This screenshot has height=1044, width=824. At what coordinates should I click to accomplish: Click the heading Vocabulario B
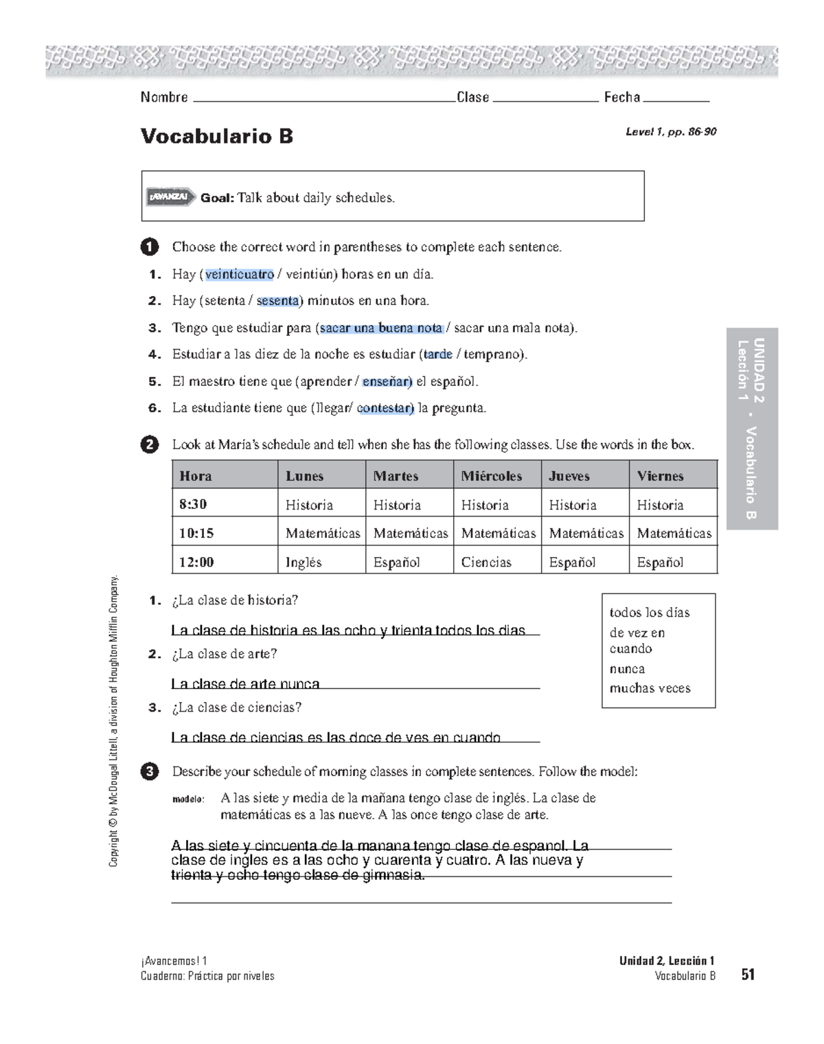click(216, 136)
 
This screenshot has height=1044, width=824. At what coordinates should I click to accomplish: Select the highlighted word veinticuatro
click(239, 274)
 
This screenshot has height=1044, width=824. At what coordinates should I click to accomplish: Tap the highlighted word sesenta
click(277, 301)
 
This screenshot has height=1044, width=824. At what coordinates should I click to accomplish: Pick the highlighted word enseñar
click(387, 381)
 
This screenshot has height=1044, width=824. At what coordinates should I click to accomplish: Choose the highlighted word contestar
click(385, 408)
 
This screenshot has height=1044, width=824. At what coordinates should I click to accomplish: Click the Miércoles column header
click(491, 476)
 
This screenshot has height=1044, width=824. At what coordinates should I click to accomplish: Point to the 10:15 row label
click(196, 533)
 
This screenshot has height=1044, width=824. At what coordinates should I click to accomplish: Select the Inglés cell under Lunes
click(304, 562)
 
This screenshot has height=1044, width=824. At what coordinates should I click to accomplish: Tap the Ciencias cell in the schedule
click(486, 562)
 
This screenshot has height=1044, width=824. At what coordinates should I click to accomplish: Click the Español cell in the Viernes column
click(660, 562)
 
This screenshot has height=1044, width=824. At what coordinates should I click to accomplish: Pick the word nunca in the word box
click(627, 669)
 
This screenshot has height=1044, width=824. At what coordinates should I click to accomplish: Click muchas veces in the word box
click(650, 688)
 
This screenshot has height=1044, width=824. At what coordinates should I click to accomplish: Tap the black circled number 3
click(149, 771)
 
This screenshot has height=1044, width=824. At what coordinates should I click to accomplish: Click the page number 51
click(748, 975)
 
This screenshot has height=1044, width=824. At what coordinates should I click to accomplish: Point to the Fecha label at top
click(621, 98)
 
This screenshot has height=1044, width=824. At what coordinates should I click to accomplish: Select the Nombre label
click(164, 98)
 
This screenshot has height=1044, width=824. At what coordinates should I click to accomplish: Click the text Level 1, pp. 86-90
click(670, 132)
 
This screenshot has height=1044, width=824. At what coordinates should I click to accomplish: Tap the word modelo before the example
click(187, 799)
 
